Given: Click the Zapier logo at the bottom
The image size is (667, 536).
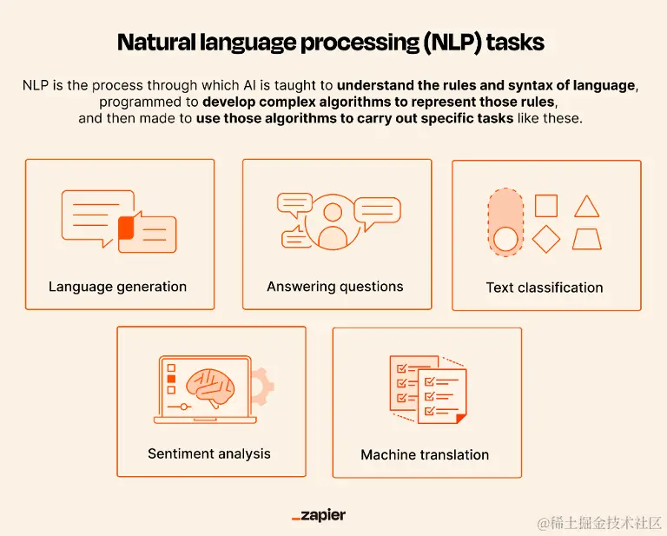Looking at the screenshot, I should point(319,515).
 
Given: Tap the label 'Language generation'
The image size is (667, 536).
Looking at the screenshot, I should point(117,287).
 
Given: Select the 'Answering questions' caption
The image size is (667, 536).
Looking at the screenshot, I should point(335,287).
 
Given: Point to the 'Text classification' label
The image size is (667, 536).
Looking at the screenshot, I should point(545,288).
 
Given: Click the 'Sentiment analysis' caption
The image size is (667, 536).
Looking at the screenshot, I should point(209,453).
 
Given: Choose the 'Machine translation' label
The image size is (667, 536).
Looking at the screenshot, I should point(425,455).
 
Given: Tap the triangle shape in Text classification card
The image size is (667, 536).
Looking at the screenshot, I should point(587,207).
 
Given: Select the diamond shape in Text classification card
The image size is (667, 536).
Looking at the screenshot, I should point(546,238).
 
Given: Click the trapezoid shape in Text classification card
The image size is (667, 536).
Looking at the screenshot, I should point(587,239).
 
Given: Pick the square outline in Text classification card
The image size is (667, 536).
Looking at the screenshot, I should point(546,206).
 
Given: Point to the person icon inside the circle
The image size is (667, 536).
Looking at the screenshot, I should point(333,224).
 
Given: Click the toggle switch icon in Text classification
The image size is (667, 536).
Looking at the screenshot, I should point(505,222).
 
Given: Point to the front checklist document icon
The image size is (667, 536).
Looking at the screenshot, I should point(441,395).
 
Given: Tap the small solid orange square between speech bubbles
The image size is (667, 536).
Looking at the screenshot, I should point(126,228).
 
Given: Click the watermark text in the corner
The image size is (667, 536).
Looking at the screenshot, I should point(599,523).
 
